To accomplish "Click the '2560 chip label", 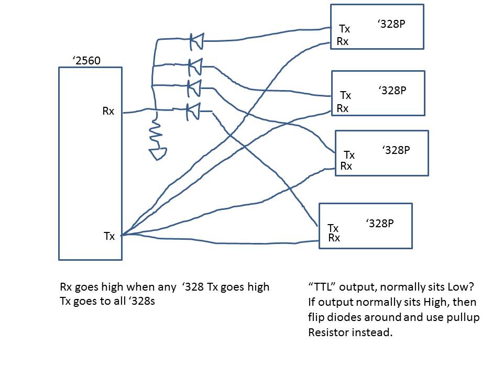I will (x=87, y=61).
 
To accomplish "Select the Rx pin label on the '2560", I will (x=108, y=111).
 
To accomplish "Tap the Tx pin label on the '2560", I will (x=109, y=236).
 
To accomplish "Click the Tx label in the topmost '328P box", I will (x=344, y=29).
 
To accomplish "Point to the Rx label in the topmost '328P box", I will (x=343, y=41).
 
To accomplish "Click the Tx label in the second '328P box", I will (x=346, y=95).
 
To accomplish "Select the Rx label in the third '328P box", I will (x=346, y=166).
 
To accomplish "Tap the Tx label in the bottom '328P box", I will (x=333, y=228).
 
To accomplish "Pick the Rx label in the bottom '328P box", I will (x=334, y=238).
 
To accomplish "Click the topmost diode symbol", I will (x=196, y=40).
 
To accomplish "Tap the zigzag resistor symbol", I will (x=155, y=134).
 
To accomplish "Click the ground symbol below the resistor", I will (x=158, y=153).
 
